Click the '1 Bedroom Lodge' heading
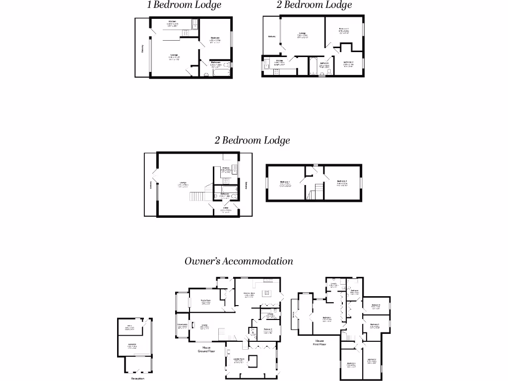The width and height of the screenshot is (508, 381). [x=184, y=5]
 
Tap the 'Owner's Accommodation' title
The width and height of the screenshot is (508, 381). [x=239, y=261]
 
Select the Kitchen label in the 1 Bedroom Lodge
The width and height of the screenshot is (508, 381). [x=172, y=22]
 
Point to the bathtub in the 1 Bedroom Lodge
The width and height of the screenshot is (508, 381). [x=221, y=72]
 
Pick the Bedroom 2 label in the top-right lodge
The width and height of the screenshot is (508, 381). [x=348, y=63]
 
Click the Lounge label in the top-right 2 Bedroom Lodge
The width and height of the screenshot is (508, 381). [x=302, y=34]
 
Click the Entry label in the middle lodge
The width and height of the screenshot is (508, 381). [x=225, y=208]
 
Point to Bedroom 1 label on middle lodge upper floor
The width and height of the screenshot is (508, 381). [x=285, y=182]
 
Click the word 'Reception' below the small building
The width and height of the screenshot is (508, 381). [x=137, y=378]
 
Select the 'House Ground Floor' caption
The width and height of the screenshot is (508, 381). [x=206, y=350]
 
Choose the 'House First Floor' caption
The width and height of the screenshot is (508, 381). [x=319, y=343]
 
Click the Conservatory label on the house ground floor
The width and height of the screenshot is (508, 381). [x=182, y=325]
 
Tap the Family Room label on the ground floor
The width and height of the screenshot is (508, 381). [x=205, y=301]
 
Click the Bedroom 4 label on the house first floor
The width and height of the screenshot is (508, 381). [x=376, y=305]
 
